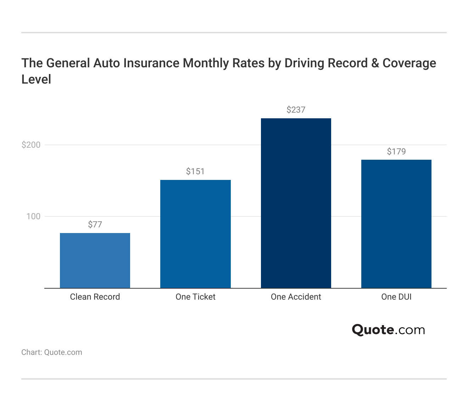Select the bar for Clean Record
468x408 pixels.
[x=95, y=260]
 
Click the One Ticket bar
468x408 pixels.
[x=195, y=234]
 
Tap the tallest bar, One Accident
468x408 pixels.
[x=296, y=203]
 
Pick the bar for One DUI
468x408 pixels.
[x=396, y=224]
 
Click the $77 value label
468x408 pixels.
[x=95, y=225]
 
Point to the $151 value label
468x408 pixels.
[x=195, y=171]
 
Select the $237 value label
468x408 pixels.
[x=296, y=110]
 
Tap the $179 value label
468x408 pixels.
[x=396, y=152]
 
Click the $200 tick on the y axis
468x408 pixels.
[x=31, y=145]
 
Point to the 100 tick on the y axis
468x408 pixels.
[x=34, y=216]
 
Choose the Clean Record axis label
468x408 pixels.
[x=95, y=297]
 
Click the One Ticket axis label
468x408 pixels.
[x=195, y=297]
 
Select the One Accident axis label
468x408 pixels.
[x=296, y=297]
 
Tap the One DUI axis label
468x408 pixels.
[x=396, y=297]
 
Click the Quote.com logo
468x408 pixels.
[x=388, y=330]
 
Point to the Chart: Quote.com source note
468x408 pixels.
[x=52, y=352]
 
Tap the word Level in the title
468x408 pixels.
[x=36, y=79]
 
